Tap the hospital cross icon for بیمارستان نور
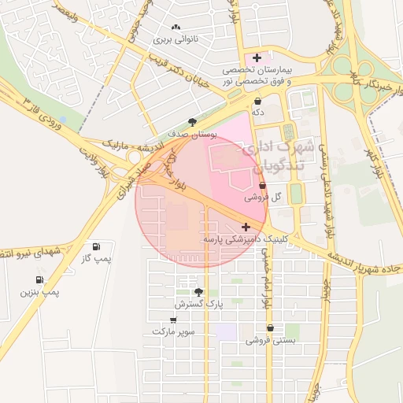(x=257, y=57)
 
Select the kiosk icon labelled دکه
(x=258, y=102)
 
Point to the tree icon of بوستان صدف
(x=192, y=122)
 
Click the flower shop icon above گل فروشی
(x=262, y=186)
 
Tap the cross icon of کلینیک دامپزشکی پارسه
(x=246, y=226)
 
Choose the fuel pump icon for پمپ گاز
(x=97, y=246)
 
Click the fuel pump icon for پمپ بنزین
(x=39, y=279)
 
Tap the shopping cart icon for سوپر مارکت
(x=173, y=320)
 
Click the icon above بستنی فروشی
(x=270, y=328)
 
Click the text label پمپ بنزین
(x=40, y=293)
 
